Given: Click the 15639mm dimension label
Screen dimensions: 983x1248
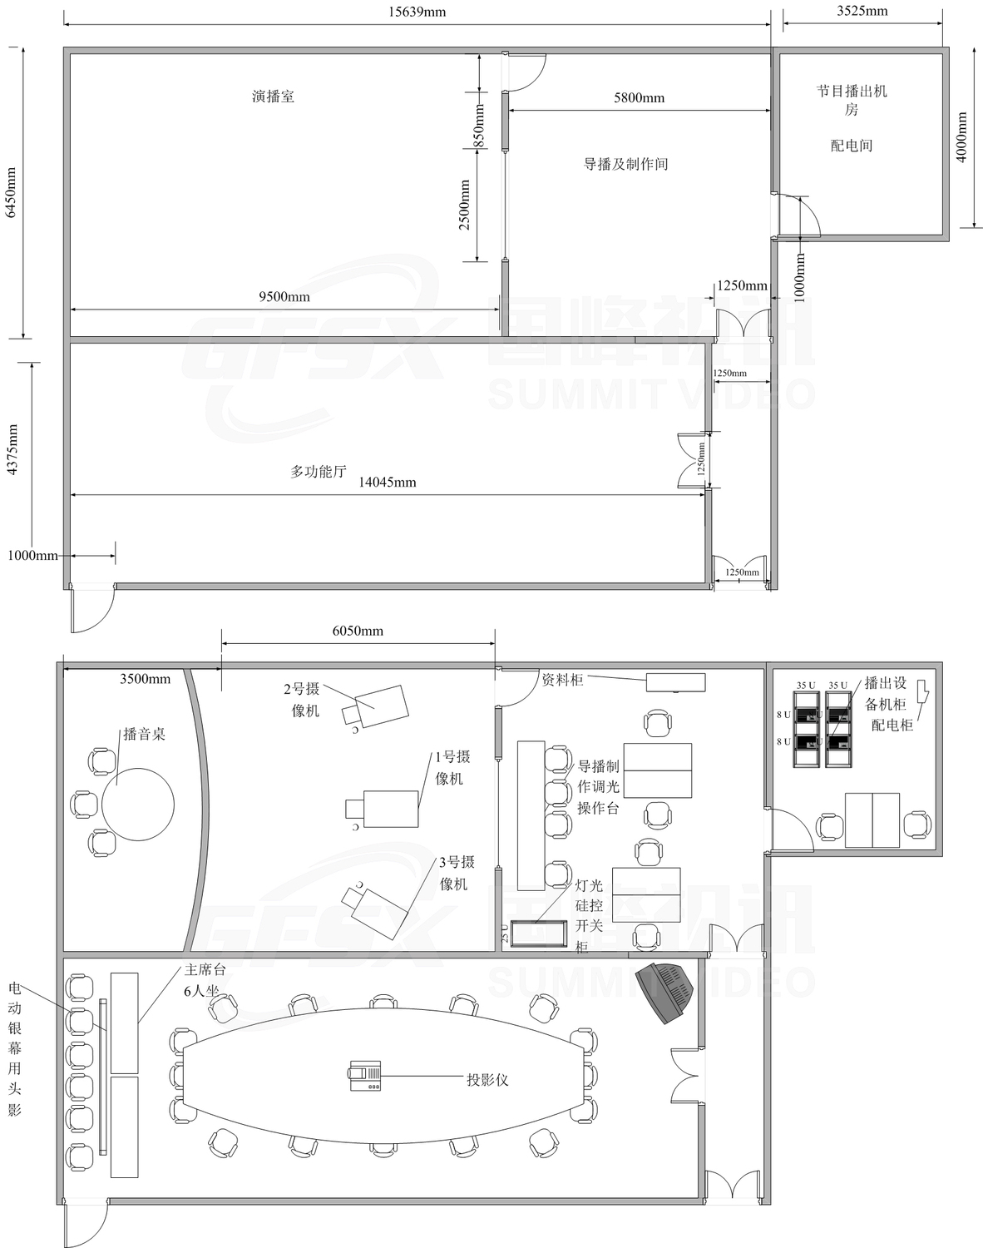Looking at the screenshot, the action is click(x=417, y=12).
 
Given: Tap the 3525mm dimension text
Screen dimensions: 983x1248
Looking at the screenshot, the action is click(x=862, y=11).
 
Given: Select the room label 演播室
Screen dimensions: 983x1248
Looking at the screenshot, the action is click(x=273, y=97).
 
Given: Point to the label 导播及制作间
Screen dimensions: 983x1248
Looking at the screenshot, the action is click(x=625, y=164).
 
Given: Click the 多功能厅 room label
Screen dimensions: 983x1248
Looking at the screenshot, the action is click(x=319, y=471).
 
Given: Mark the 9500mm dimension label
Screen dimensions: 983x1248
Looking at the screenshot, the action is click(x=284, y=297).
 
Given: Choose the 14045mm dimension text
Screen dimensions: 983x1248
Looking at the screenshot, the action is click(x=388, y=482).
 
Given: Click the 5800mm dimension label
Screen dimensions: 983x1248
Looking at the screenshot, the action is click(x=640, y=97).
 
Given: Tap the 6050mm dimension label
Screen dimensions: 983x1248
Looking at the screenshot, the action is click(x=358, y=631).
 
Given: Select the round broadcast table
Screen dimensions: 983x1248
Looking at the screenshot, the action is click(x=138, y=805).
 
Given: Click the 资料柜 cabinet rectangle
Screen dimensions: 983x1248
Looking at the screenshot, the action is click(x=676, y=682).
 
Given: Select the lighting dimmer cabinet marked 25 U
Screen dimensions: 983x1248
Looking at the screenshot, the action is click(x=539, y=934).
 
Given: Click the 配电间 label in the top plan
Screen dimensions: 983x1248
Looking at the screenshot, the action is click(x=852, y=145).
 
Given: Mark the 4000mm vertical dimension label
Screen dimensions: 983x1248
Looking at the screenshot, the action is click(x=961, y=136).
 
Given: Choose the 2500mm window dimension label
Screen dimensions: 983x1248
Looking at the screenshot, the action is click(x=464, y=205).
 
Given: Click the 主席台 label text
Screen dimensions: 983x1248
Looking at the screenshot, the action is click(x=205, y=969).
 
